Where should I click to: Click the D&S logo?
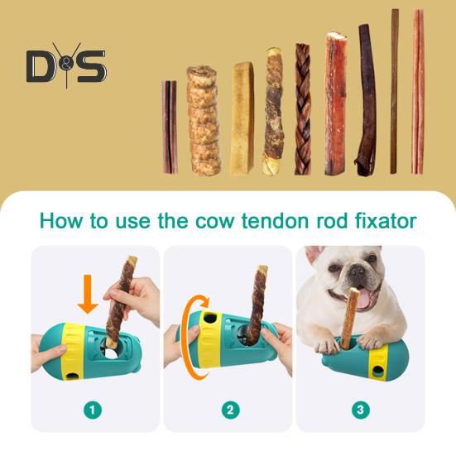click(65, 65)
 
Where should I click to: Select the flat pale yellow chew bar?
click(242, 118)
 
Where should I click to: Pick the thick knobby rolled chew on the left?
click(204, 121)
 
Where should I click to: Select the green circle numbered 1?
click(95, 409)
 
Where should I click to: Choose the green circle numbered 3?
click(360, 409)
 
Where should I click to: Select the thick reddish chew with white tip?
click(335, 103)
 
